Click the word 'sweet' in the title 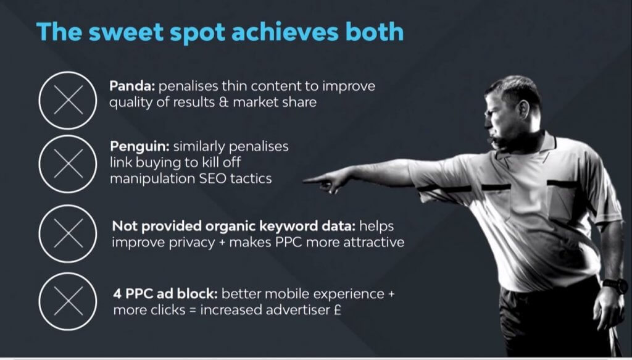(126, 32)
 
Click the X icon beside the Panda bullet (68, 100)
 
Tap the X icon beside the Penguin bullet (68, 164)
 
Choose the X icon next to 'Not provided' (68, 233)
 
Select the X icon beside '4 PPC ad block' (68, 301)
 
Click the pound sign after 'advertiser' (338, 310)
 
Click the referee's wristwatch (615, 285)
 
